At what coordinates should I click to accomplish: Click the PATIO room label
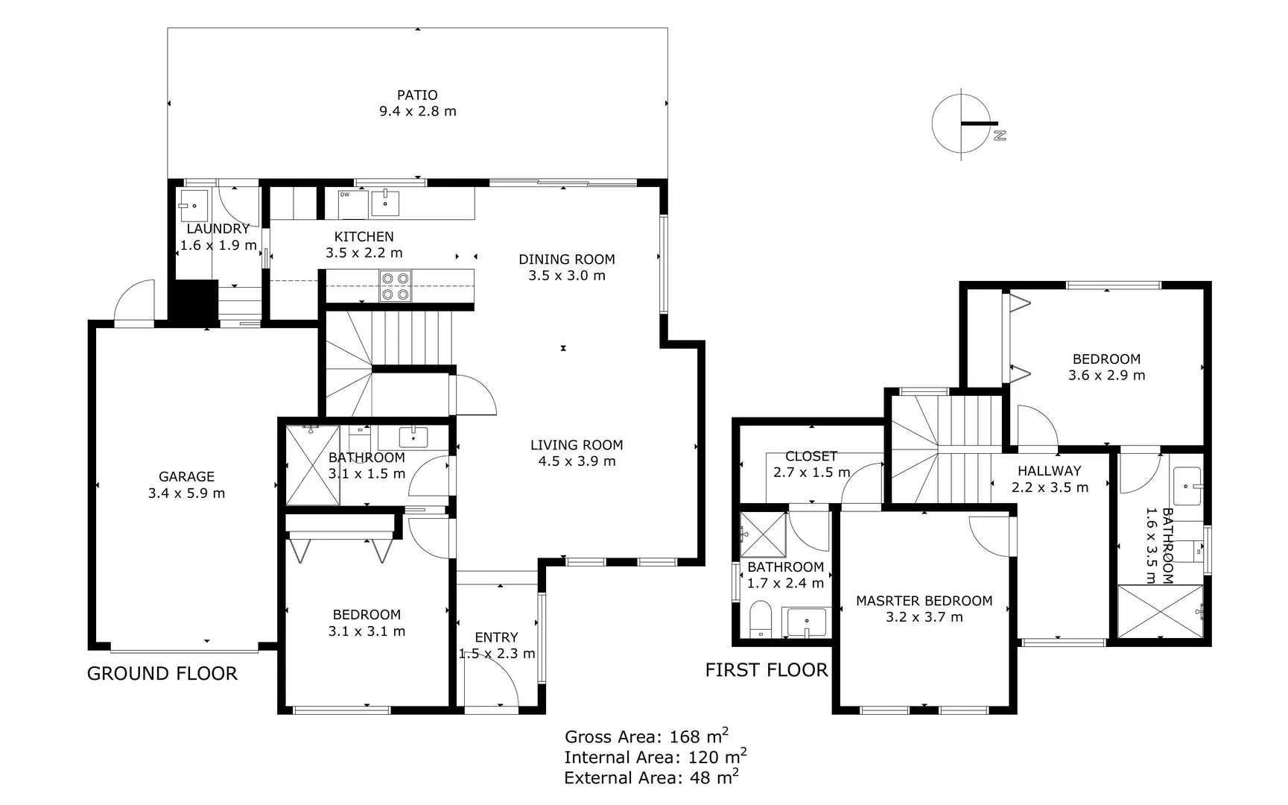417,95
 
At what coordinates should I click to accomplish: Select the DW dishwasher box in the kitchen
353,204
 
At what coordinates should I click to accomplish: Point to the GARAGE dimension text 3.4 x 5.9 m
186,493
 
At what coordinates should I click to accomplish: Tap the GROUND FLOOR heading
162,673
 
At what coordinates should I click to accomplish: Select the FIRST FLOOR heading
766,670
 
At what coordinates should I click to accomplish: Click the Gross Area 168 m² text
646,736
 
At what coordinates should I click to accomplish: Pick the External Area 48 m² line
651,778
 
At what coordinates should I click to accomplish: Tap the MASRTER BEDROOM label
924,601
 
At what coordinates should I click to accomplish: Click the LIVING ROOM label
577,445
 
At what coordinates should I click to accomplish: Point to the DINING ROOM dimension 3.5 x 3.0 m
567,276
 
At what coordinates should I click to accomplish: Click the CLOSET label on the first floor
811,456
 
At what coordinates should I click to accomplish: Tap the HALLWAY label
1049,471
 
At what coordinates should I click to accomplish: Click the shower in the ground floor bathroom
313,466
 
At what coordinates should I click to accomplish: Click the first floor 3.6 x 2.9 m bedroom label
1106,359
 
